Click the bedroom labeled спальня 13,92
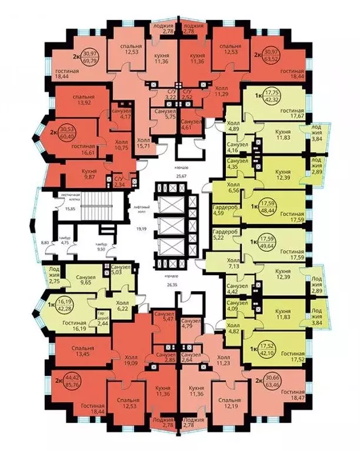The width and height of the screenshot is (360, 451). coord(82,98)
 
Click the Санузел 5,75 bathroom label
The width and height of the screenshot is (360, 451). coord(165,114)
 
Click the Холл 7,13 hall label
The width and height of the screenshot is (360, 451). coord(233,262)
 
